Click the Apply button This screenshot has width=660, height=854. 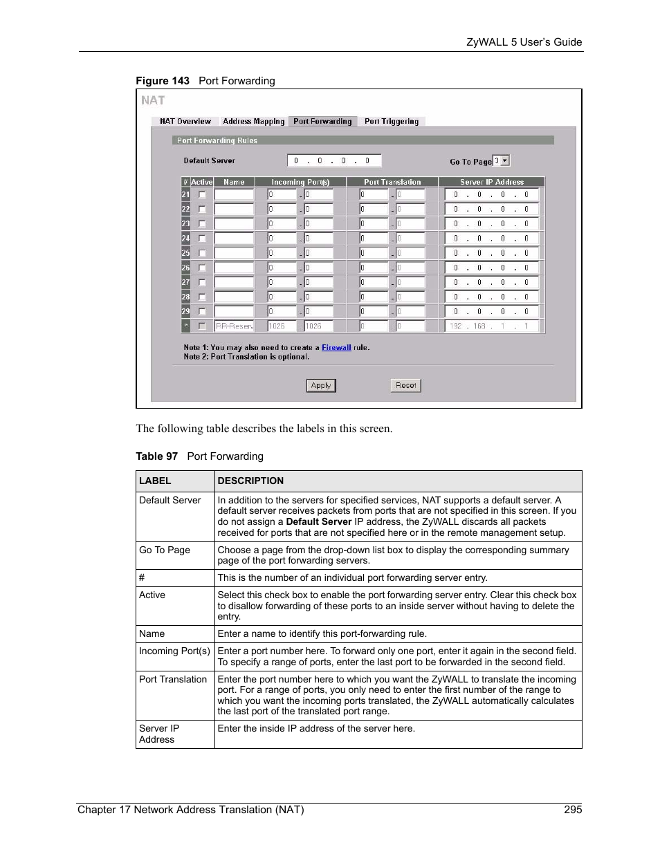(x=321, y=386)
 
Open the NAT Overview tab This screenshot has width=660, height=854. (x=185, y=122)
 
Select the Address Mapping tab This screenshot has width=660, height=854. (x=253, y=122)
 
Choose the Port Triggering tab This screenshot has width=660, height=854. (x=391, y=122)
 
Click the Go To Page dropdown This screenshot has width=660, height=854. (x=501, y=160)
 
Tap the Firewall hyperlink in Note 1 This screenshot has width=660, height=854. (x=336, y=348)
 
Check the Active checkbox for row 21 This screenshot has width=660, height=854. (x=202, y=195)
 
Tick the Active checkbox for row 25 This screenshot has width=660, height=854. (x=202, y=253)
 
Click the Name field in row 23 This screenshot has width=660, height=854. (x=234, y=224)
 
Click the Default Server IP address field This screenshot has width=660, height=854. (x=333, y=161)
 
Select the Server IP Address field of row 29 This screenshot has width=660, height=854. (x=491, y=312)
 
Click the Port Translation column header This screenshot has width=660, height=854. (x=392, y=182)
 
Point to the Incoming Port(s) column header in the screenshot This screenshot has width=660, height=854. (x=300, y=182)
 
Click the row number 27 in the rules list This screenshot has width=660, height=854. (x=185, y=282)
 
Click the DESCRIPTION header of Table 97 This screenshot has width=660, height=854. (x=250, y=481)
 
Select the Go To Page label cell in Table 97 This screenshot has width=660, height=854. (x=165, y=550)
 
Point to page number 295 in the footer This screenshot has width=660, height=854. (x=573, y=810)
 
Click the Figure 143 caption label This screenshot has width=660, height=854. (x=163, y=81)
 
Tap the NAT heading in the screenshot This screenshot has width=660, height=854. (x=153, y=101)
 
